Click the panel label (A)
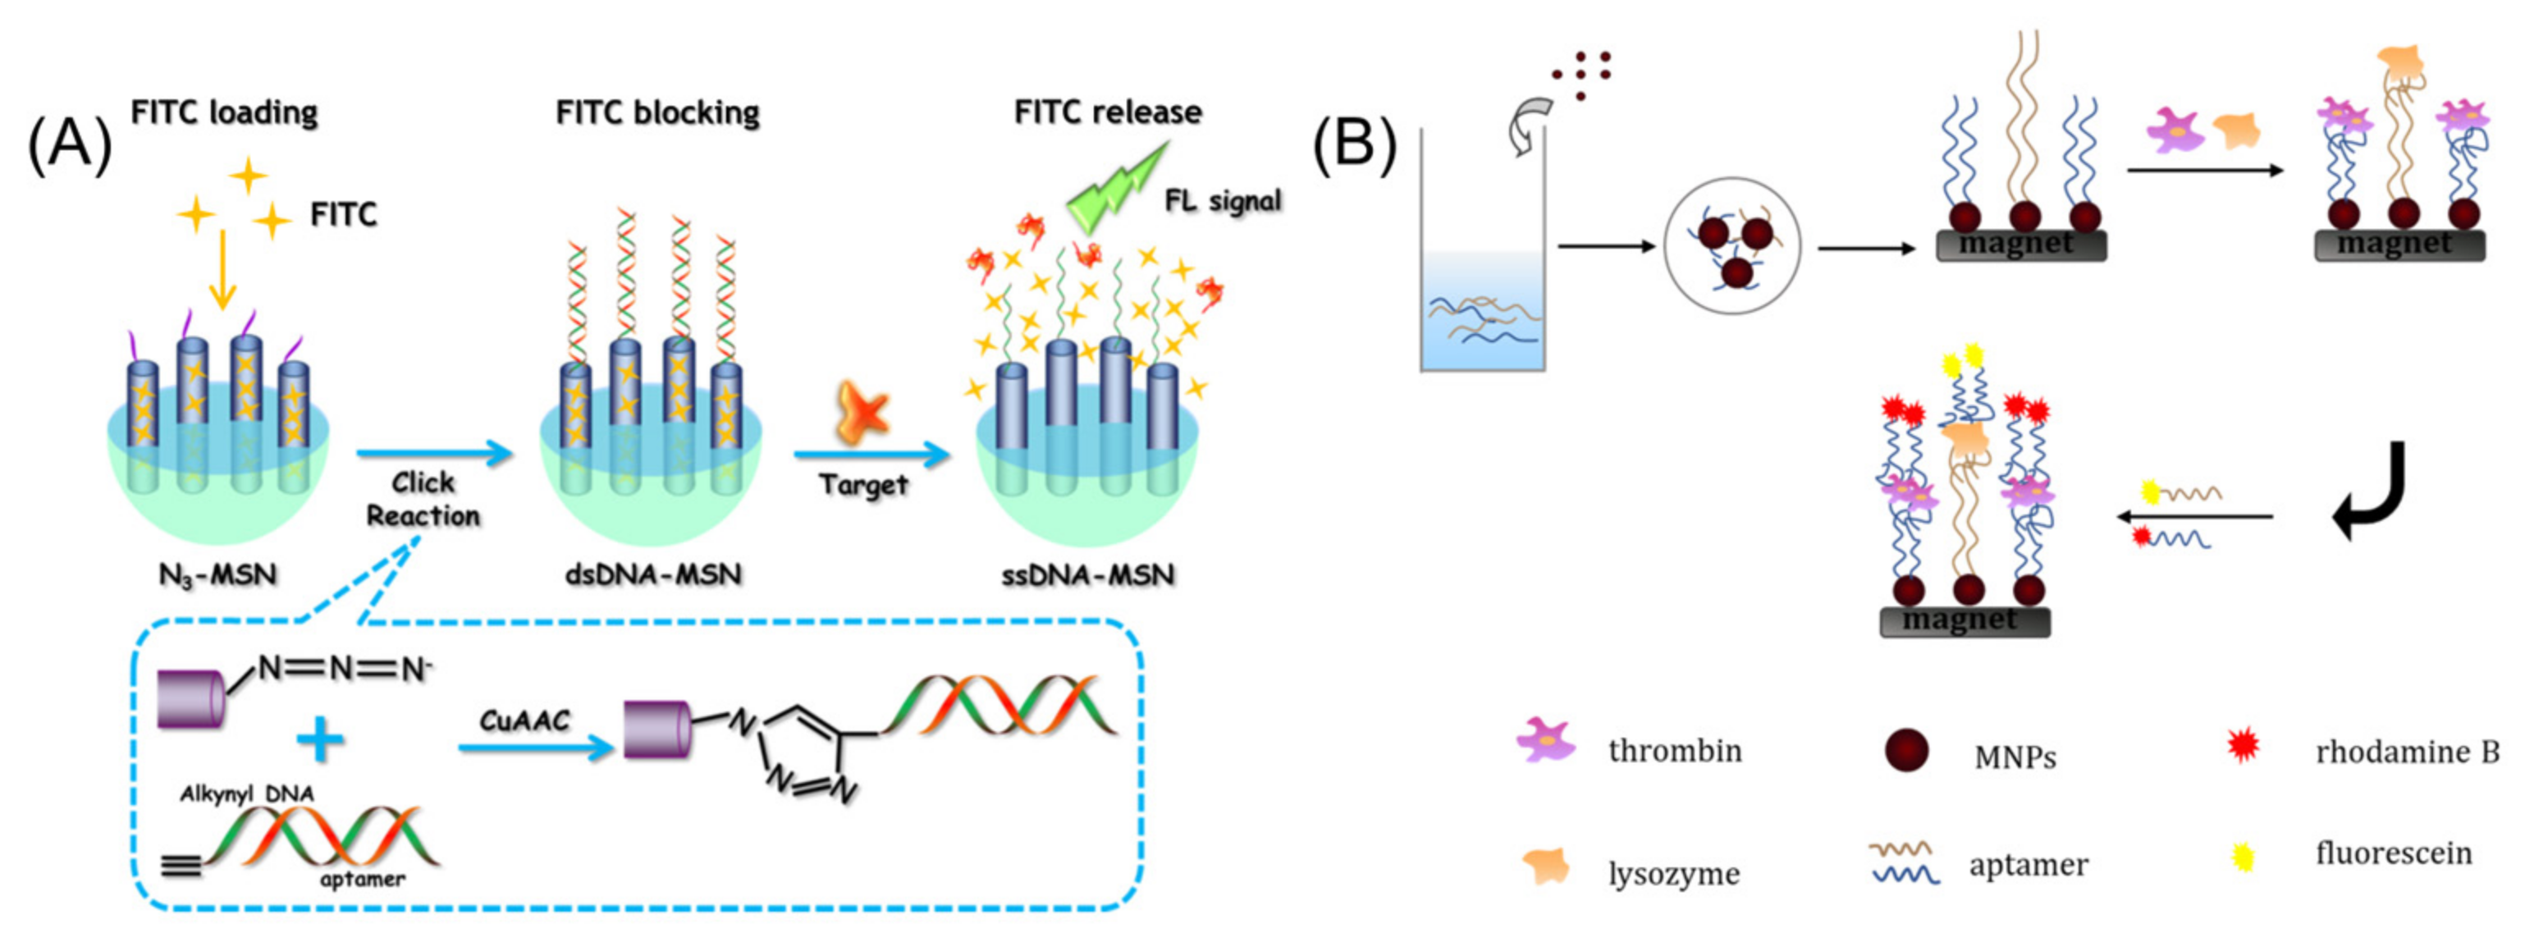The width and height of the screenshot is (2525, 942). coord(71,144)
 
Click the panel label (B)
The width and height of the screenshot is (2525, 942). coord(1354,144)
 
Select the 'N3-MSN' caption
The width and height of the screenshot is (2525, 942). coord(217,574)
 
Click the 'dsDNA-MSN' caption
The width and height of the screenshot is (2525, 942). coord(653,574)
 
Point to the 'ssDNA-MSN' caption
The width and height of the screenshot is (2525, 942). coord(1087,574)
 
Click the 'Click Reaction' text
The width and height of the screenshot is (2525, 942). coord(423,499)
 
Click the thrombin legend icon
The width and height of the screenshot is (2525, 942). coord(1546,740)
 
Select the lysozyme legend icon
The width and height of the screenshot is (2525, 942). coord(1547,867)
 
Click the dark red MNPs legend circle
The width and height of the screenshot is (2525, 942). coord(1906,750)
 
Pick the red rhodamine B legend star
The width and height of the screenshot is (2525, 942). coord(2243,746)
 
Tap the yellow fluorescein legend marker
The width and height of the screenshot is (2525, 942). coord(2242,857)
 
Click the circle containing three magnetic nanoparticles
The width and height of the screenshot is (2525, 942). coord(1732,246)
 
